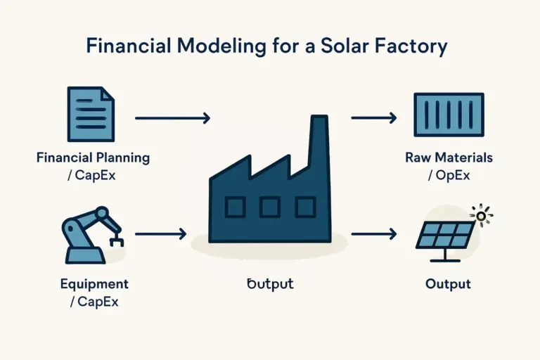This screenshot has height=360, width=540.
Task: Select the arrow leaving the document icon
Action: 172,118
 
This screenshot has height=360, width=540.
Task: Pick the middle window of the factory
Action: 270,206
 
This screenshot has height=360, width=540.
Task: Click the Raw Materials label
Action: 449,157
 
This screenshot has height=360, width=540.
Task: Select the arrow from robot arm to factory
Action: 160,233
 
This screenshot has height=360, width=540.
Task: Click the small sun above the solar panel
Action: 482,216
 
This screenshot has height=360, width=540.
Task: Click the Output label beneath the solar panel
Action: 448,285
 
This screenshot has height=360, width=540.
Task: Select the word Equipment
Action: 94,285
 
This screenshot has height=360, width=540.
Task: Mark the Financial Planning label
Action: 93,157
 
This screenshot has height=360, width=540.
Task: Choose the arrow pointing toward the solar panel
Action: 376,233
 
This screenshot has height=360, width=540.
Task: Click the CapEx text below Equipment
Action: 94,302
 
